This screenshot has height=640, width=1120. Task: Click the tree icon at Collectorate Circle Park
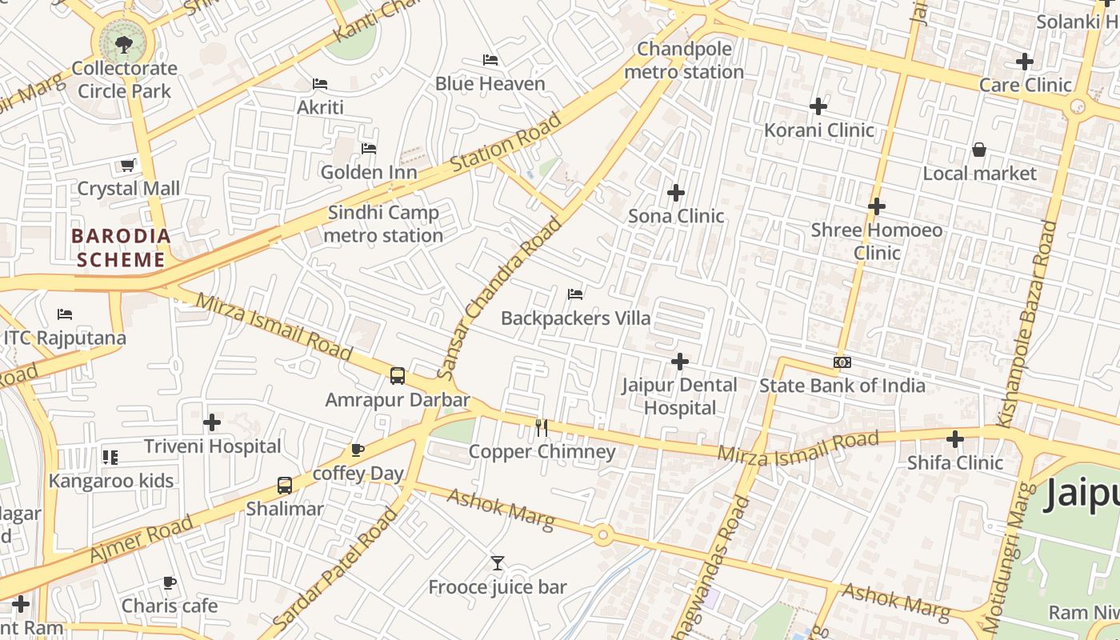[123, 44]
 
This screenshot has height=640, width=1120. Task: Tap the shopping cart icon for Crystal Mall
[127, 166]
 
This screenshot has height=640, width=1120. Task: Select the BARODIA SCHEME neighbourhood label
[121, 248]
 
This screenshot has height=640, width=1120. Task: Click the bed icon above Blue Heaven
[490, 60]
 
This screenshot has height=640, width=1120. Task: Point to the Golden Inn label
[369, 172]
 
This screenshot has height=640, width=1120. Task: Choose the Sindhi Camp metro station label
[383, 224]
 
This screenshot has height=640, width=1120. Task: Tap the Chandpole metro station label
[684, 61]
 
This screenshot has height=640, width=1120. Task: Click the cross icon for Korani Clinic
[818, 106]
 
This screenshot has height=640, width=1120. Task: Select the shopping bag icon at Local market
[978, 150]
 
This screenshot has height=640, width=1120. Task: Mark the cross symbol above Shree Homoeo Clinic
[876, 206]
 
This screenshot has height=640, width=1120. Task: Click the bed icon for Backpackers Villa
[575, 294]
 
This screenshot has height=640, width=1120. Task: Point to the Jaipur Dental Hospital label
[680, 396]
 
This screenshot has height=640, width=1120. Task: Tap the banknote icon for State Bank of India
[842, 362]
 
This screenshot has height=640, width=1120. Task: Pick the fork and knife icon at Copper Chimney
[542, 428]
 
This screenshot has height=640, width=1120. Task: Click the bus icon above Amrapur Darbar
[397, 376]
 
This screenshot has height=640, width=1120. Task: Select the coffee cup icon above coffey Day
[358, 450]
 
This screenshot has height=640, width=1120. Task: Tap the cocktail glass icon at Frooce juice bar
[498, 563]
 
